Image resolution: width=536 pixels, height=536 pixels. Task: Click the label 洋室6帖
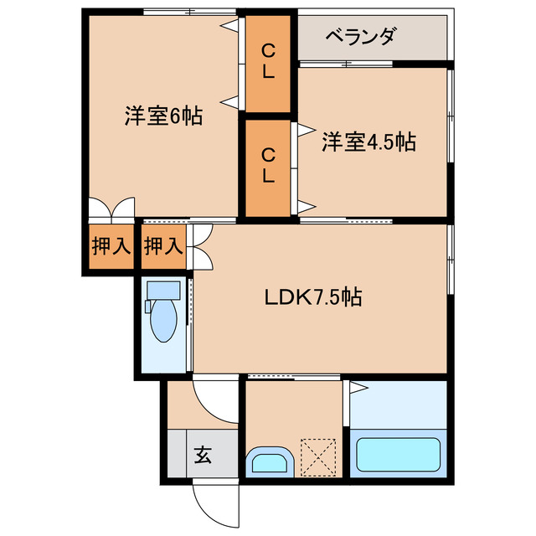pyautogui.click(x=163, y=116)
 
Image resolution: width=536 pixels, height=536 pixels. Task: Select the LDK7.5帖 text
pyautogui.click(x=314, y=296)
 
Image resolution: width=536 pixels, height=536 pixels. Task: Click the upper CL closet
pyautogui.click(x=267, y=62)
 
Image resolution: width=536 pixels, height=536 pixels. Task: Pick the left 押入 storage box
pyautogui.click(x=111, y=246)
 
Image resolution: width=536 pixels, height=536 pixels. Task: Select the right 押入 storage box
pyautogui.click(x=163, y=246)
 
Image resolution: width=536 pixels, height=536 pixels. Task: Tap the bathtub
pyautogui.click(x=397, y=455)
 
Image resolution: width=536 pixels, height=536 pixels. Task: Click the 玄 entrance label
pyautogui.click(x=204, y=456)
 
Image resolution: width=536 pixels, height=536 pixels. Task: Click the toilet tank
pyautogui.click(x=163, y=291)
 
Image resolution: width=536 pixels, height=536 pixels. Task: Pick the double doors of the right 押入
pyautogui.click(x=201, y=246)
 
